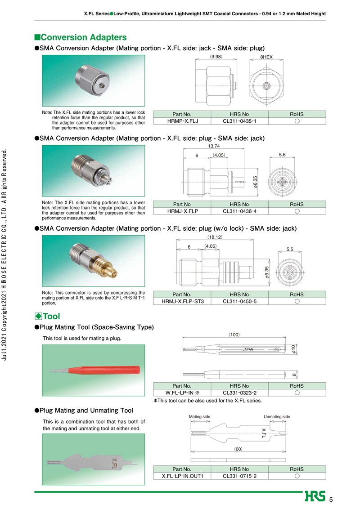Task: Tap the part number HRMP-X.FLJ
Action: (182, 121)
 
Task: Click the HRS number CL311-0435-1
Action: (239, 121)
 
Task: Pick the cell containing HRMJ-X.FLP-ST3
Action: (182, 301)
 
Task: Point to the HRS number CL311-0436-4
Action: (239, 211)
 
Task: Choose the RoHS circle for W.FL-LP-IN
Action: (297, 393)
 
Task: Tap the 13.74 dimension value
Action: (214, 146)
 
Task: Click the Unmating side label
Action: (277, 416)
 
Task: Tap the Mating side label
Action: (199, 416)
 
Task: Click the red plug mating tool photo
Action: (94, 370)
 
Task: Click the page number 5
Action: (331, 500)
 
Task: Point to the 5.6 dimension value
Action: (283, 155)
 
